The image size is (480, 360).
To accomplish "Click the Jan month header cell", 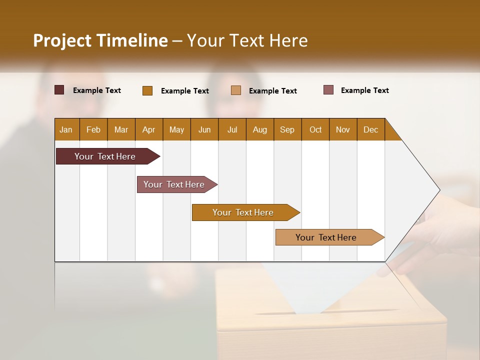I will pyautogui.click(x=66, y=129).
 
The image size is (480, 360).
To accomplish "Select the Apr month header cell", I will pyautogui.click(x=149, y=129).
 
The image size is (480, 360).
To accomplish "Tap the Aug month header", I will pyautogui.click(x=260, y=129).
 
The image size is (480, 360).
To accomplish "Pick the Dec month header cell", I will pyautogui.click(x=370, y=129).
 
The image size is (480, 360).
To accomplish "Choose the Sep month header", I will pyautogui.click(x=287, y=129).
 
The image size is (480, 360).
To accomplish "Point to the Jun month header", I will pyautogui.click(x=204, y=129).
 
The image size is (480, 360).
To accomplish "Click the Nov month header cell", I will pyautogui.click(x=343, y=129).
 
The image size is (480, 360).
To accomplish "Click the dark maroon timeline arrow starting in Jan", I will pyautogui.click(x=105, y=156).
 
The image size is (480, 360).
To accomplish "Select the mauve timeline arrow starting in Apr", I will pyautogui.click(x=174, y=184).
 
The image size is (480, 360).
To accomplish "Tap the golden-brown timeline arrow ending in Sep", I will pyautogui.click(x=243, y=212).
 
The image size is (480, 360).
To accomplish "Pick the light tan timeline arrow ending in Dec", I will pyautogui.click(x=326, y=237).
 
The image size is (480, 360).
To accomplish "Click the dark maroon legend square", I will pyautogui.click(x=59, y=90).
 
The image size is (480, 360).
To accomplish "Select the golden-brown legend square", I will pyautogui.click(x=147, y=90).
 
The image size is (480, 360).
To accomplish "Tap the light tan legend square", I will pyautogui.click(x=236, y=90).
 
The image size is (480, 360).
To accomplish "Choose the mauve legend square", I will pyautogui.click(x=328, y=90).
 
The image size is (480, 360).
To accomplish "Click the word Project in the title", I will pyautogui.click(x=62, y=40).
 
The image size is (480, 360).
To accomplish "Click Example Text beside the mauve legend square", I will pyautogui.click(x=364, y=90).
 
